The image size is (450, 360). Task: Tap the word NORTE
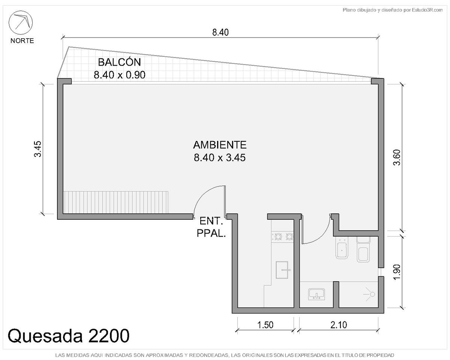22,40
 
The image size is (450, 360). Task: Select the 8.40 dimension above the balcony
220,32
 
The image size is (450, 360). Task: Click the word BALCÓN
119,62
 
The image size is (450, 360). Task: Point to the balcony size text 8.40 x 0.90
119,75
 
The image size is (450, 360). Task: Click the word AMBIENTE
220,145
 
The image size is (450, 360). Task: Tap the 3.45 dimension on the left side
38,149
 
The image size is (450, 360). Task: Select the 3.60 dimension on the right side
397,157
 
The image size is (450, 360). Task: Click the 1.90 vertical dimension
397,272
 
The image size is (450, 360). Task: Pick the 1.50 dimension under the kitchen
265,325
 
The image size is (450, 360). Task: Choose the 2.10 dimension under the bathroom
339,325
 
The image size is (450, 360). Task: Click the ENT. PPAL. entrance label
211,227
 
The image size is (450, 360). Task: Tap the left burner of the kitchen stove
278,237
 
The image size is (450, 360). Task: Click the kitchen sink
282,270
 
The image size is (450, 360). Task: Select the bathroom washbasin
316,294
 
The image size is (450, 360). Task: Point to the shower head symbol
372,294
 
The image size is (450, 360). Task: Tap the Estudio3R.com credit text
427,10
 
